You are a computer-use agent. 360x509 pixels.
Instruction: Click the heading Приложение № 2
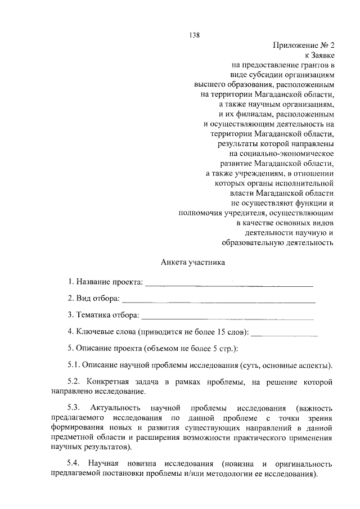[x=303, y=45]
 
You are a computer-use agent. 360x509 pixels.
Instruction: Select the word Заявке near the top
[x=322, y=55]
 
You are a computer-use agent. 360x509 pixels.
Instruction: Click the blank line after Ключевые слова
[x=285, y=335]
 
